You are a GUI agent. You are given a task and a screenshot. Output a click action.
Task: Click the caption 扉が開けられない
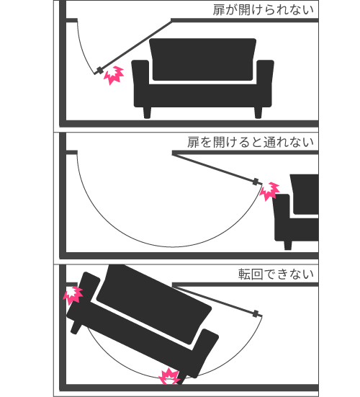coord(263,10)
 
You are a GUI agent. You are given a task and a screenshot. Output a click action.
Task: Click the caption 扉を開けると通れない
coord(251,142)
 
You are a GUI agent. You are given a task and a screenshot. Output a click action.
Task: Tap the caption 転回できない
coord(276,275)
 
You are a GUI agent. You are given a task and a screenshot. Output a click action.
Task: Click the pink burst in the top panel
coord(114,76)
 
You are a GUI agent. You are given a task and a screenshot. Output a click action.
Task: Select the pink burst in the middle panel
coord(270,191)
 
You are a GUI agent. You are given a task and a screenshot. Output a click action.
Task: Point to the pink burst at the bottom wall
coord(169,376)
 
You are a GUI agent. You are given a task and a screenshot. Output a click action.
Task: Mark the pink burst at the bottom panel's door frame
coord(73,295)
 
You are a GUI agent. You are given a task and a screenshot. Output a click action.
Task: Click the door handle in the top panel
coord(100,71)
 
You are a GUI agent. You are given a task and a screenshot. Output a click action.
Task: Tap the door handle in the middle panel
coord(256,182)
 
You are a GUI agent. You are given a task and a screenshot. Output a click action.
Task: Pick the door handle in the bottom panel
coord(256,313)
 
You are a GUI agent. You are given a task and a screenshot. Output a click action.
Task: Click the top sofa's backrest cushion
coord(202,60)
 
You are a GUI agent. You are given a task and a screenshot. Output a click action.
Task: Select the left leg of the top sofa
coord(147,112)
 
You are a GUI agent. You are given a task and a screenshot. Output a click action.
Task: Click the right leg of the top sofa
coord(258,112)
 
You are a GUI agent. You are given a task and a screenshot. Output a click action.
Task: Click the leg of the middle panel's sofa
coord(288,245)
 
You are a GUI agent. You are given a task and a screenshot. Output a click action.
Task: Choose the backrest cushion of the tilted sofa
coord(154,304)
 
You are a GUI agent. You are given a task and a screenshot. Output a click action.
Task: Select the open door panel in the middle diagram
coord(214,167)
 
